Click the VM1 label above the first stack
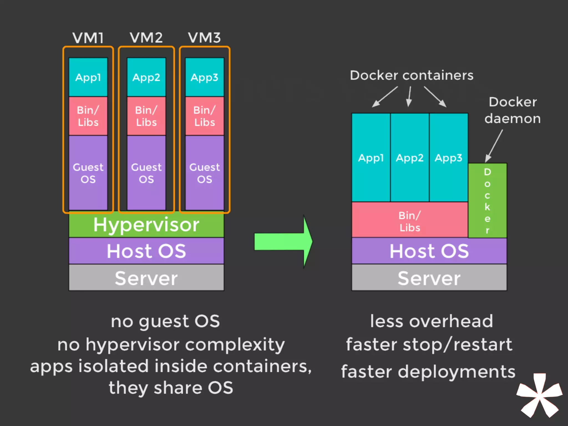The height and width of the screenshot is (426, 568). pyautogui.click(x=88, y=38)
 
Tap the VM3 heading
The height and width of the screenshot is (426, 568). pyautogui.click(x=204, y=38)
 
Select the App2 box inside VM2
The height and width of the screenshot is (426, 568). pyautogui.click(x=146, y=77)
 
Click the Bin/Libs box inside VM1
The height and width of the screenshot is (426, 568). pyautogui.click(x=88, y=116)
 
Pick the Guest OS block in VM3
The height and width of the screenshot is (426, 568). pyautogui.click(x=204, y=173)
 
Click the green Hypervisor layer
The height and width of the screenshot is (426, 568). pyautogui.click(x=146, y=225)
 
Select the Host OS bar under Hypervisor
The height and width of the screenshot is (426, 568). pyautogui.click(x=146, y=251)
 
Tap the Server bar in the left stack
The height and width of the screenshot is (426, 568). pyautogui.click(x=146, y=278)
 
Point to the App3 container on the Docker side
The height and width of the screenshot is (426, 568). pyautogui.click(x=448, y=158)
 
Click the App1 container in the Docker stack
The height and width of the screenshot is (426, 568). pyautogui.click(x=371, y=158)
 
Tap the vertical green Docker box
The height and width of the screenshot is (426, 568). pyautogui.click(x=487, y=201)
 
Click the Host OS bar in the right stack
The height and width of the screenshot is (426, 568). pyautogui.click(x=429, y=251)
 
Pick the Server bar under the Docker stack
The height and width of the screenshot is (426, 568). pyautogui.click(x=429, y=278)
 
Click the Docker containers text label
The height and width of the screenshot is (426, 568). pyautogui.click(x=412, y=75)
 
